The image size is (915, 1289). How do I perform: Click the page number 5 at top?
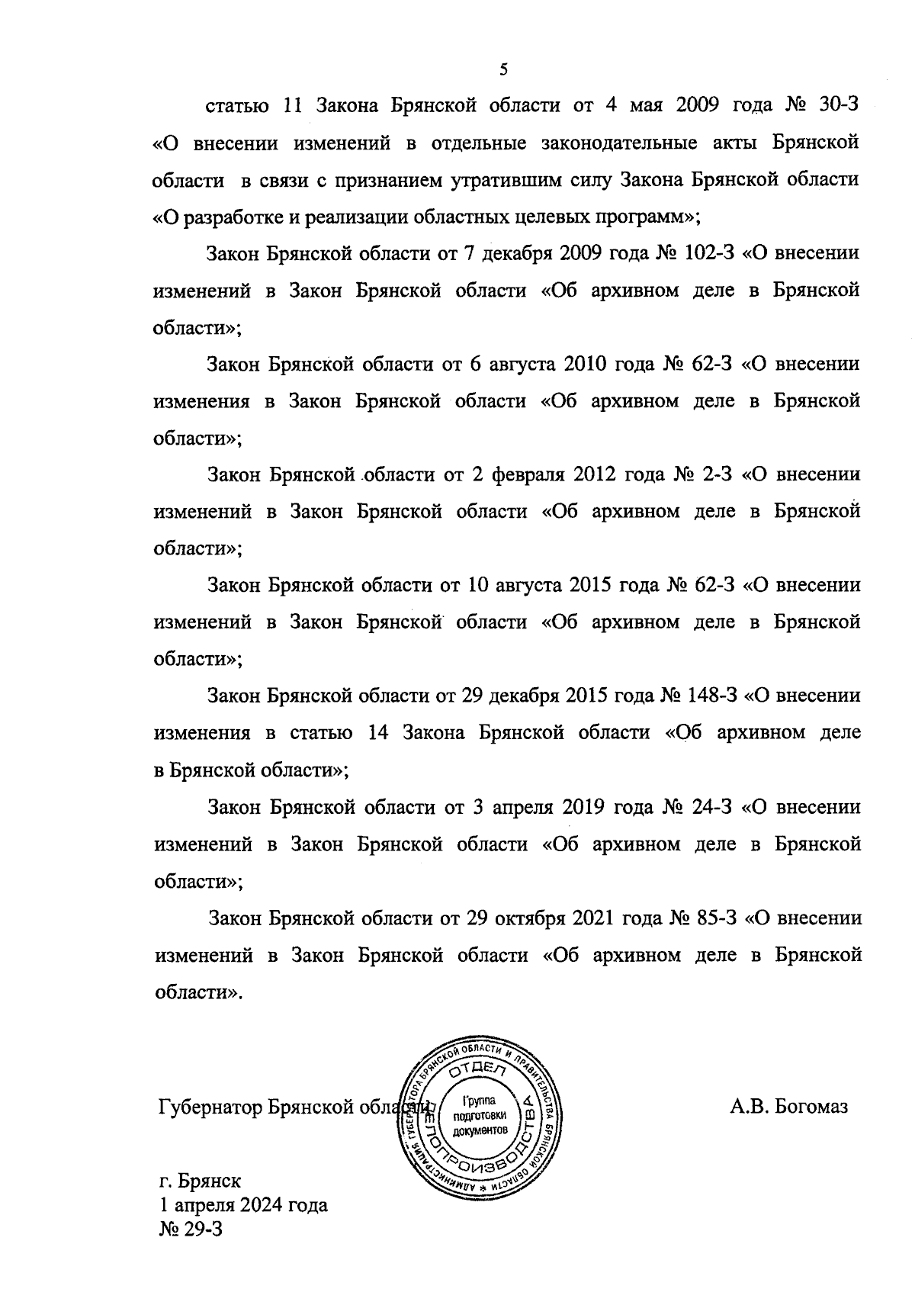pos(502,70)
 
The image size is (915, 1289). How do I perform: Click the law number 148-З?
pos(711,696)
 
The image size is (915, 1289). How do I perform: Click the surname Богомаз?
pos(811,1107)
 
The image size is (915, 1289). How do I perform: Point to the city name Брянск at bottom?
pos(210,1181)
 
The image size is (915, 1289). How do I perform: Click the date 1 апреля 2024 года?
pos(242,1205)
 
